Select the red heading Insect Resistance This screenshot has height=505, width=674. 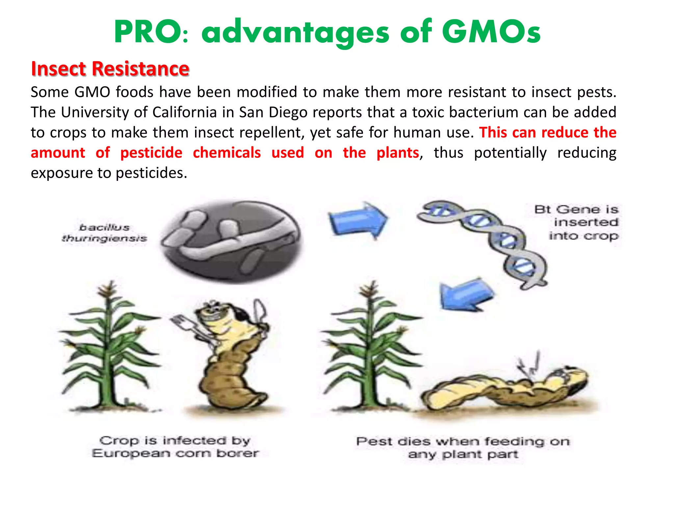(x=110, y=69)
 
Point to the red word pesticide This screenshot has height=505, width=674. (x=151, y=153)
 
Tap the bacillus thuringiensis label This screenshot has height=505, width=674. (x=104, y=233)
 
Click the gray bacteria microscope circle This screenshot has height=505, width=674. (x=230, y=242)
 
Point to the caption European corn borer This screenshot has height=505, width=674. (x=175, y=453)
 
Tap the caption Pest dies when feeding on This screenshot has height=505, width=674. (x=462, y=441)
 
